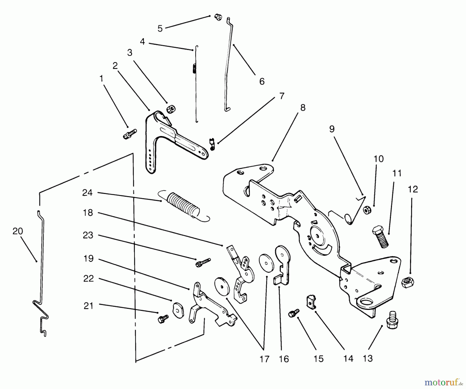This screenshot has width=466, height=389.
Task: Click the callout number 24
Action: pos(87,193)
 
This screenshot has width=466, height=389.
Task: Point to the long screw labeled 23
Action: pos(203,262)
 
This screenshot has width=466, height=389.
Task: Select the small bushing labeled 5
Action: pos(218,17)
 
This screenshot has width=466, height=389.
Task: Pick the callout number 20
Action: pos(18,231)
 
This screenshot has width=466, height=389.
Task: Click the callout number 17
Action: pos(264,359)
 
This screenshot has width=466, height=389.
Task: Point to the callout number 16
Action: pos(284,359)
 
